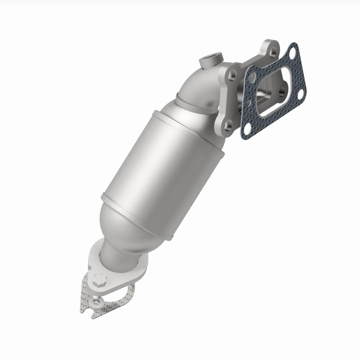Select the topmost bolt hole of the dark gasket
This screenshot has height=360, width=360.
click(292, 52)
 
